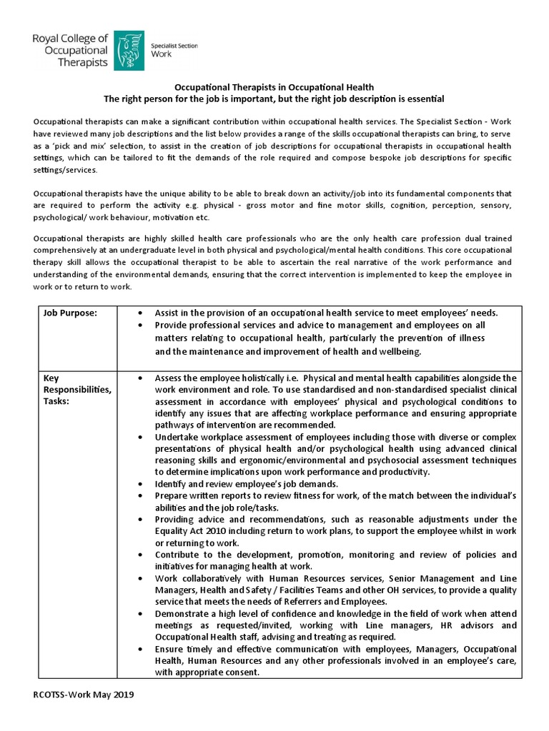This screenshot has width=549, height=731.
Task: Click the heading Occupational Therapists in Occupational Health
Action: pos(275,86)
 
